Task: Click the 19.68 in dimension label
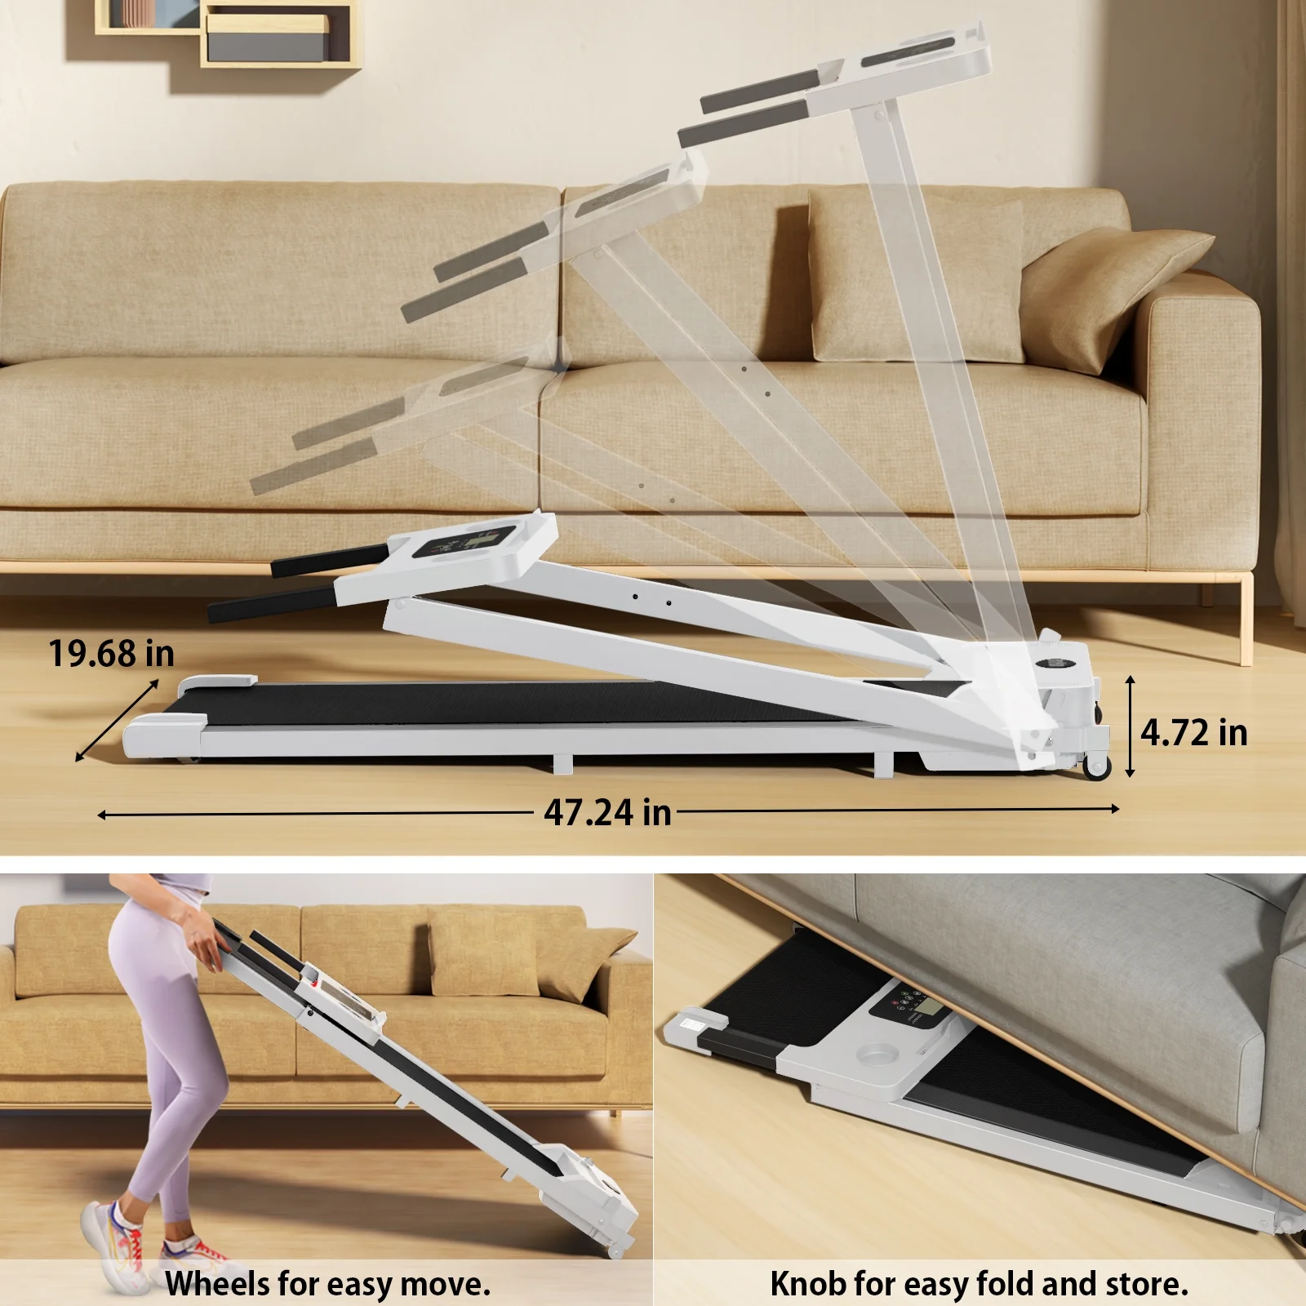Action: pyautogui.click(x=111, y=654)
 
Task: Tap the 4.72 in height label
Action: pyautogui.click(x=1194, y=732)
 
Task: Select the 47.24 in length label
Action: pyautogui.click(x=607, y=812)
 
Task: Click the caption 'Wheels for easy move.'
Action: pyautogui.click(x=328, y=1284)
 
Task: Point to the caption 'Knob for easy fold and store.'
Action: pyautogui.click(x=979, y=1284)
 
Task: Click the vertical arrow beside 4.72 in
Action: pyautogui.click(x=1131, y=726)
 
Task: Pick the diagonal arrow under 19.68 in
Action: pyautogui.click(x=118, y=721)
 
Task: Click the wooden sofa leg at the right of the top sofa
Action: pyautogui.click(x=1246, y=617)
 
